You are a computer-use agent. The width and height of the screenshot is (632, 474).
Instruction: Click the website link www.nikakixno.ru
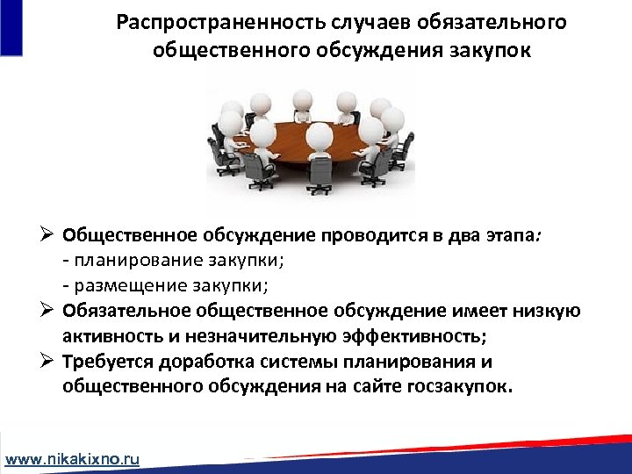coord(73,459)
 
